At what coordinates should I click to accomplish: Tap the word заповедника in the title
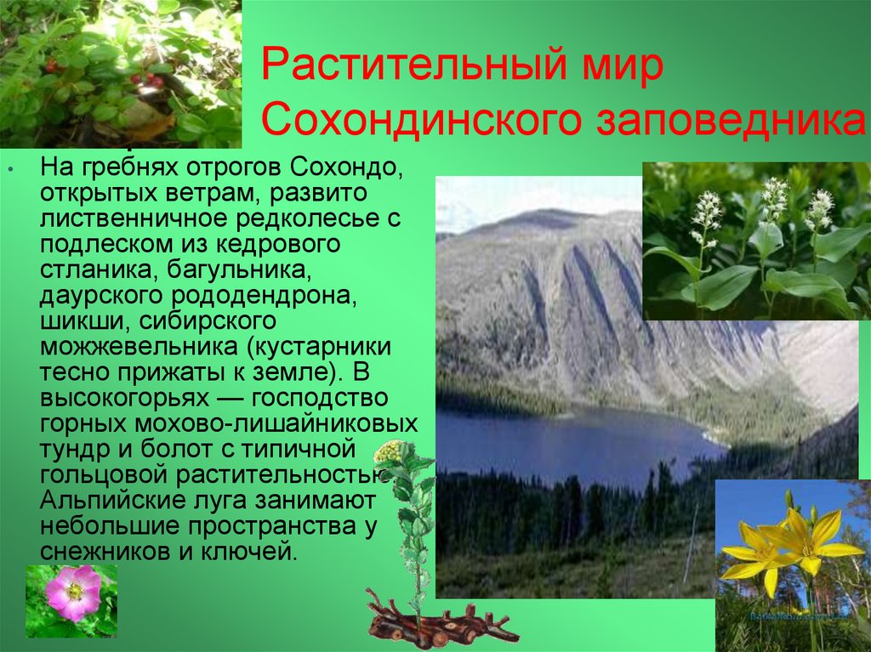(731, 121)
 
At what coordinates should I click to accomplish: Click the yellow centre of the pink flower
(75, 592)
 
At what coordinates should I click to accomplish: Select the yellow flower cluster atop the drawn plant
(390, 451)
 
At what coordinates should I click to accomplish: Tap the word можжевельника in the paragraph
(139, 347)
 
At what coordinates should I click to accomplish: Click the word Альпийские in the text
(104, 501)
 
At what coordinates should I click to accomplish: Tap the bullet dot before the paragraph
(10, 167)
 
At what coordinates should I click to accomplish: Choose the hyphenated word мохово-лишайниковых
(276, 423)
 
